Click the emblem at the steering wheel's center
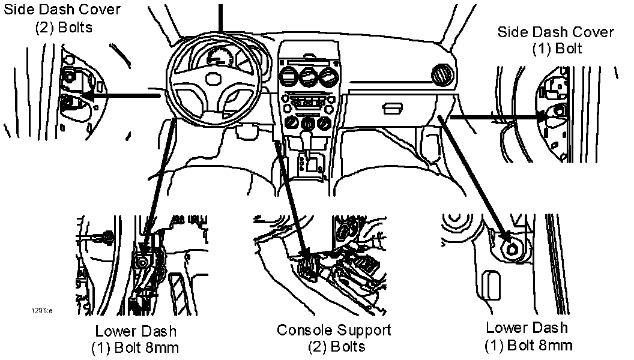pyautogui.click(x=213, y=78)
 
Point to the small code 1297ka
pyautogui.click(x=42, y=311)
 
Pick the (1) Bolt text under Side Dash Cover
pyautogui.click(x=557, y=49)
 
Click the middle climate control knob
pyautogui.click(x=308, y=124)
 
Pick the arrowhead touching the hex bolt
pyautogui.click(x=503, y=236)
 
